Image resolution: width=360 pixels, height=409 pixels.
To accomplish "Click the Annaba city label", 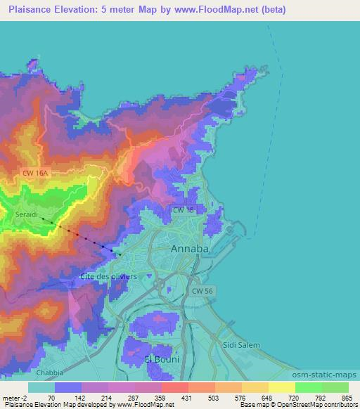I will tap(191, 249).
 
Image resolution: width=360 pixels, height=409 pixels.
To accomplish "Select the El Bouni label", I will tap(162, 359).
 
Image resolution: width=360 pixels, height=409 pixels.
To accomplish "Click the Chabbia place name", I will tap(50, 372).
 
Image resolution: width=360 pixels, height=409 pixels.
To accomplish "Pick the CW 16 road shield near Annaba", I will tap(184, 209).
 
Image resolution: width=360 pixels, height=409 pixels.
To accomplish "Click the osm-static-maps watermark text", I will tap(330, 375).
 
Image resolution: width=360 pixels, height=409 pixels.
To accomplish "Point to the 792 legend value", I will tap(321, 397).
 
